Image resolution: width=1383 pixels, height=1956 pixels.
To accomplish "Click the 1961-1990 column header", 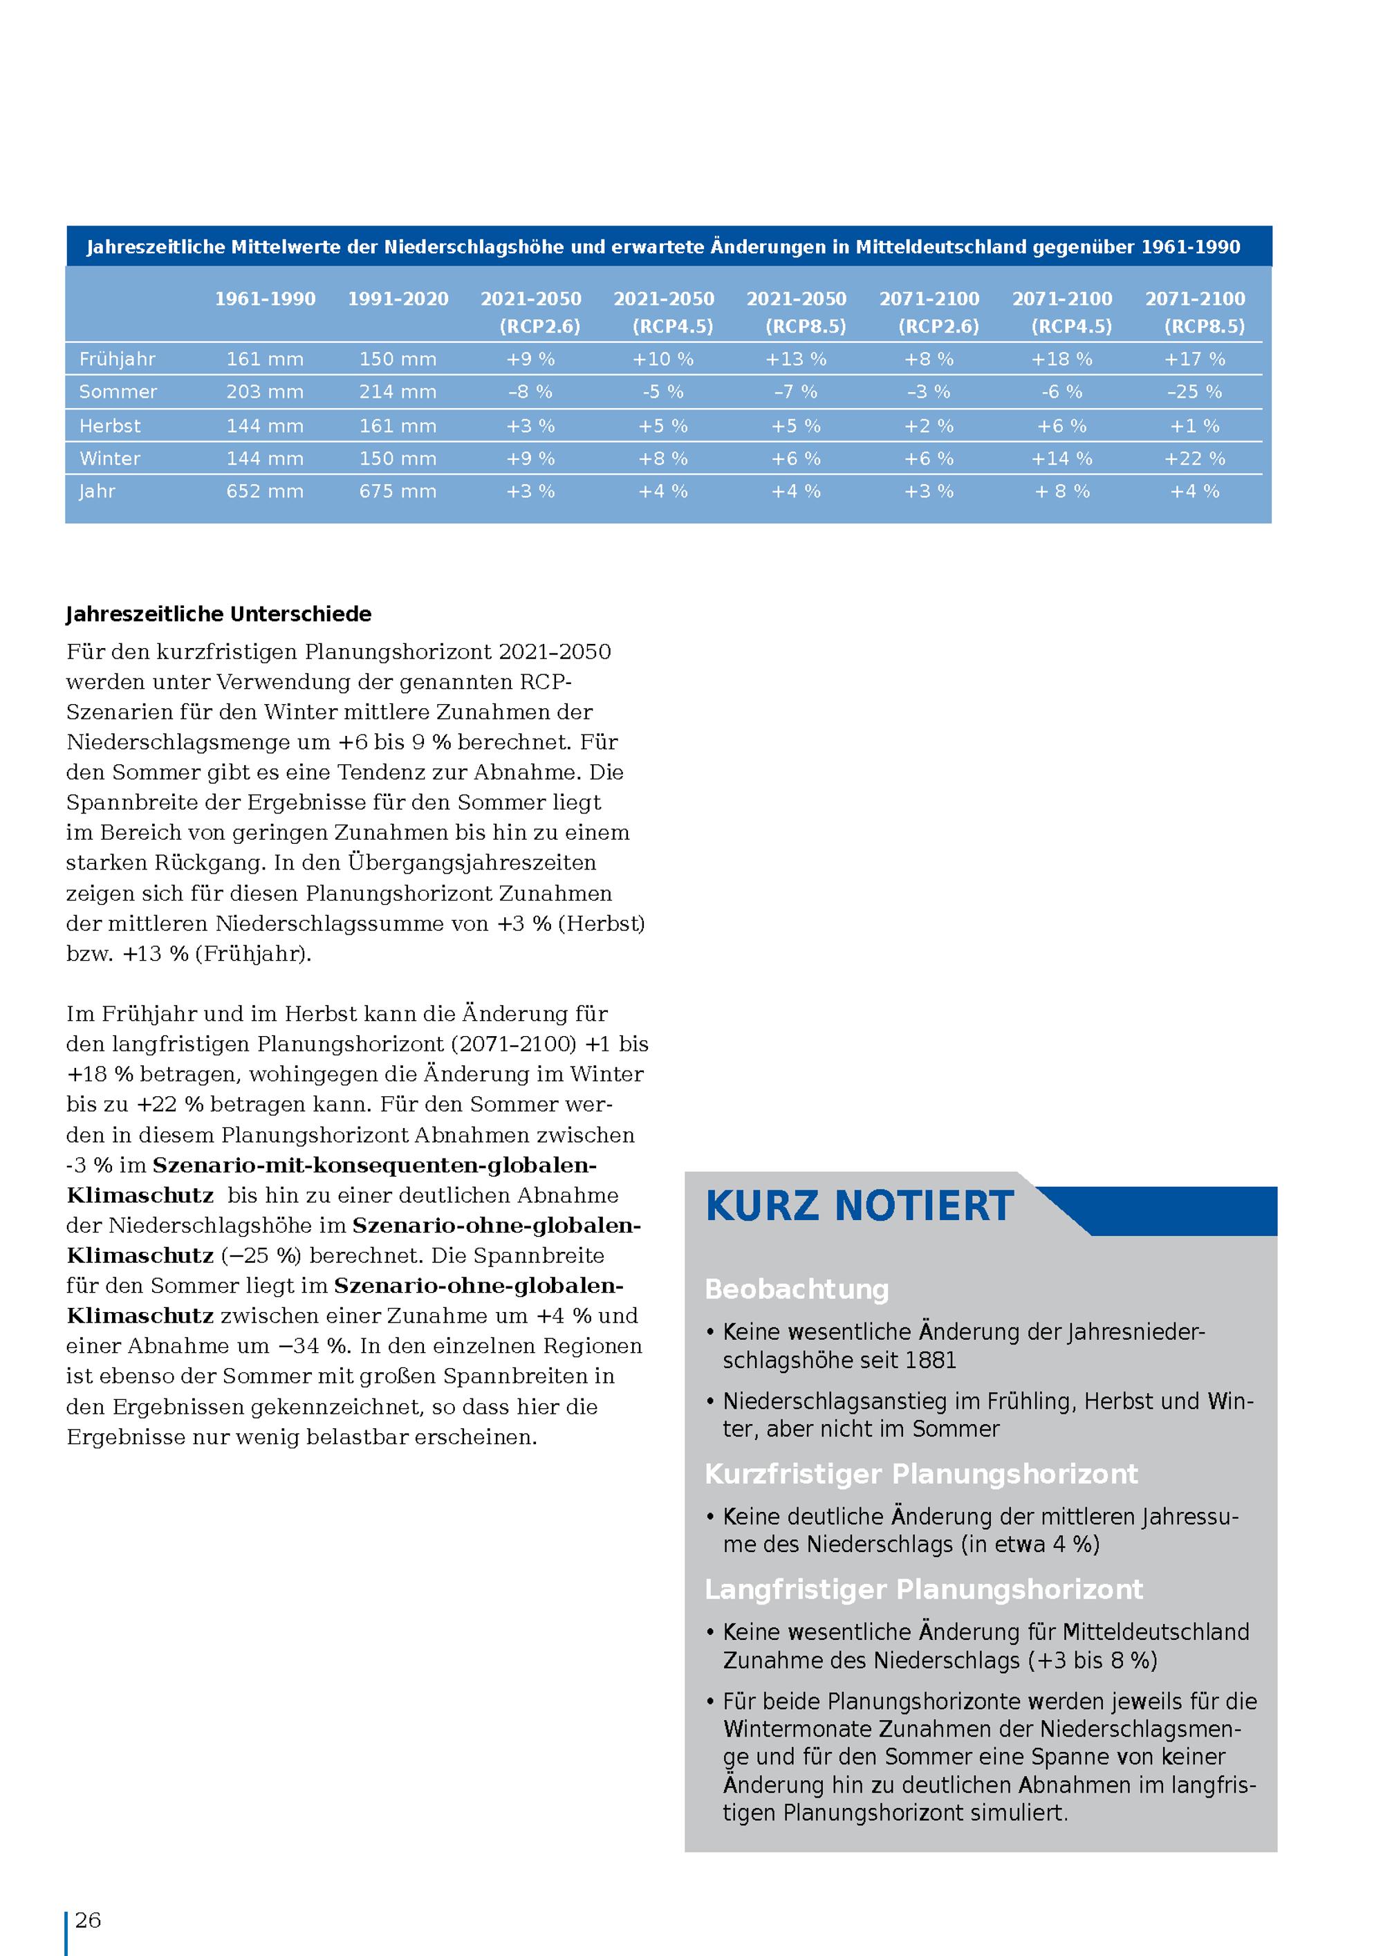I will [265, 299].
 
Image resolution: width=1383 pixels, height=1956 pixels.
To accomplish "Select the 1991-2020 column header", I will [398, 299].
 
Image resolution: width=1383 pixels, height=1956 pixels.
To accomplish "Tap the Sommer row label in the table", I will [118, 392].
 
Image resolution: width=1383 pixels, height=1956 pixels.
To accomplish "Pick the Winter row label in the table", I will [110, 459].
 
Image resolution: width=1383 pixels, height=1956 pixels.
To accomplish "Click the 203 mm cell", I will [265, 392].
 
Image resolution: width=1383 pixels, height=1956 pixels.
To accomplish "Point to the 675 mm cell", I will [398, 492].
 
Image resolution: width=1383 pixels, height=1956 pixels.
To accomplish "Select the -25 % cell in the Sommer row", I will [1194, 392].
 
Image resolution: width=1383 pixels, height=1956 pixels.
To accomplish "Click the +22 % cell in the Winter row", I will [1194, 459].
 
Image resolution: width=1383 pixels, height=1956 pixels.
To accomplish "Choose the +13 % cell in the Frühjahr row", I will [795, 360].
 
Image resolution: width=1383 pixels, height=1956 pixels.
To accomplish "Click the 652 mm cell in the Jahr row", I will [265, 492].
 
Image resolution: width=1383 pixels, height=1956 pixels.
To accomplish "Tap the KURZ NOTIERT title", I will [860, 1206].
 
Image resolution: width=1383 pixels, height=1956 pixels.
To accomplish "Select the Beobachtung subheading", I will [796, 1290].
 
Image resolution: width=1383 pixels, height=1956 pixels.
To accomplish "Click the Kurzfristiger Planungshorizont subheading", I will [920, 1475].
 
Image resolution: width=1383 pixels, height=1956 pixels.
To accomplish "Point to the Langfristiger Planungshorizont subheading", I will [923, 1589].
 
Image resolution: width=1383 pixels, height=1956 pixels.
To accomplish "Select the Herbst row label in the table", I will [110, 426].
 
